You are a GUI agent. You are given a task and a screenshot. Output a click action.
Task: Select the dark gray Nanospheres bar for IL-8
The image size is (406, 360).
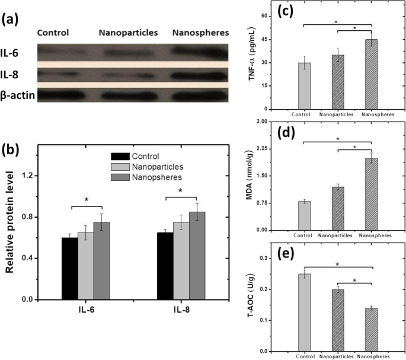(x=197, y=255)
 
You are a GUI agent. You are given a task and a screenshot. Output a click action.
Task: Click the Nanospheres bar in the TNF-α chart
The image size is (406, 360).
(x=371, y=74)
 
